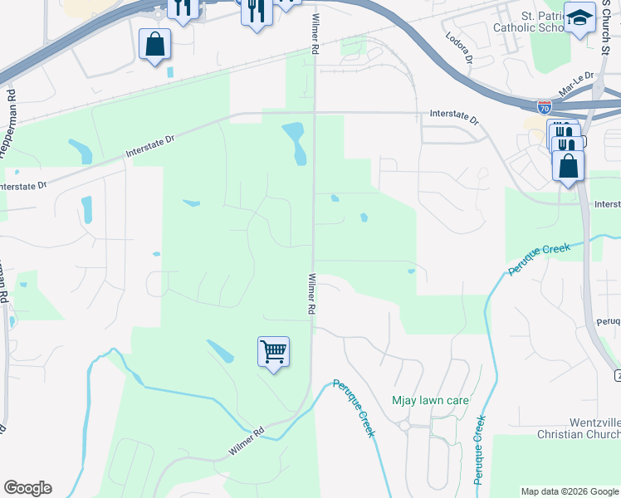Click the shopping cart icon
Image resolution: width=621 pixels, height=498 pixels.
pyautogui.click(x=273, y=352)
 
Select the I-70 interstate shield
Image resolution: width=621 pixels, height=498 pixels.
pyautogui.click(x=544, y=107)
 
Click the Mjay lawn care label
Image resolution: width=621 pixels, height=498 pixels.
pyautogui.click(x=431, y=401)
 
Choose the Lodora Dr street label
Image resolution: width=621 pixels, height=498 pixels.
pyautogui.click(x=458, y=49)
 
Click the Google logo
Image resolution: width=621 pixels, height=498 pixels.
pyautogui.click(x=27, y=488)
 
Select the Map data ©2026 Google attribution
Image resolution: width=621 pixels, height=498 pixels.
pyautogui.click(x=569, y=491)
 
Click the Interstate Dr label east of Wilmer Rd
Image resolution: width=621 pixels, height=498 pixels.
pyautogui.click(x=454, y=117)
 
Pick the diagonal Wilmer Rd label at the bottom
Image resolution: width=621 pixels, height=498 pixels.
pyautogui.click(x=246, y=442)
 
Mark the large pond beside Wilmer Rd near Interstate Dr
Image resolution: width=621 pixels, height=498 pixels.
pyautogui.click(x=295, y=142)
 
